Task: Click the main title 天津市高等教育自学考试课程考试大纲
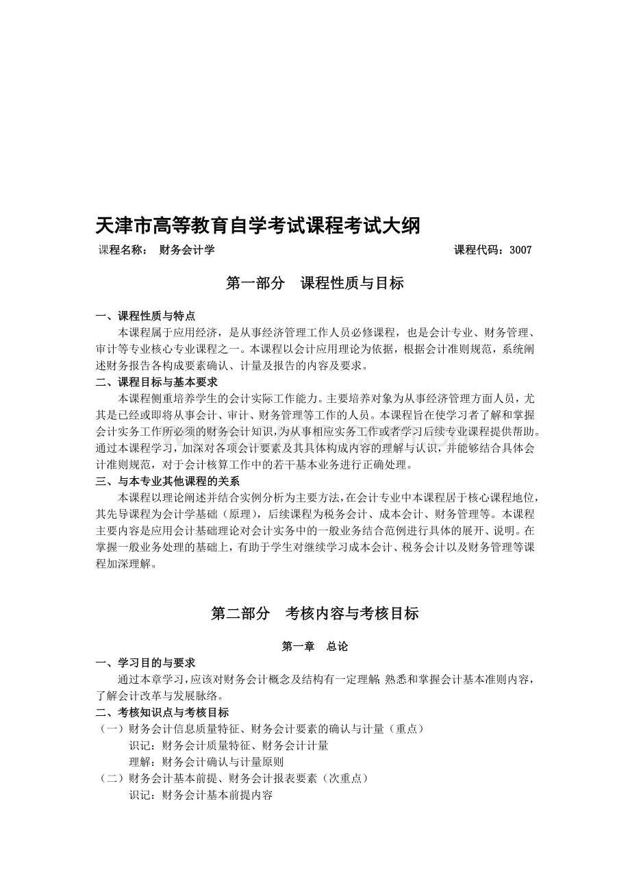coord(257,225)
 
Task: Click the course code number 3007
coord(520,250)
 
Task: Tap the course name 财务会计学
coord(187,250)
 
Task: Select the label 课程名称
coord(122,250)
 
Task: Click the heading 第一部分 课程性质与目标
coord(314,283)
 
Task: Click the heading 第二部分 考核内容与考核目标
coord(314,614)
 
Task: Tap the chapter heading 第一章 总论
coord(314,646)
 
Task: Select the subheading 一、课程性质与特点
coord(145,316)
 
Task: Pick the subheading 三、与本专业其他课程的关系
coord(167,481)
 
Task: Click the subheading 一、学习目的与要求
coord(145,662)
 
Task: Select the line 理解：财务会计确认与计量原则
coord(206,762)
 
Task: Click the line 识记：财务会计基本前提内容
coord(201,795)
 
